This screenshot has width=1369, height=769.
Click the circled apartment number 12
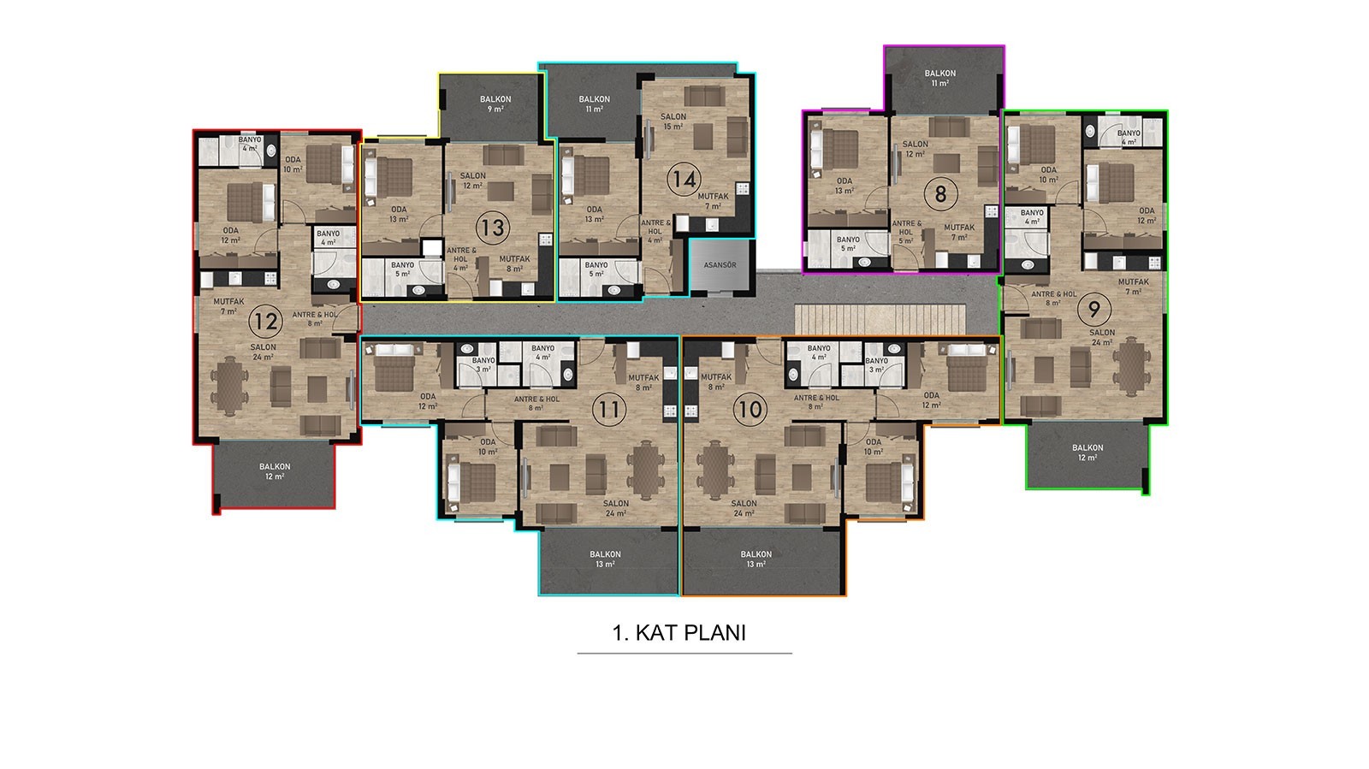266,322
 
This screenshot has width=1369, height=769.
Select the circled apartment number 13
493,228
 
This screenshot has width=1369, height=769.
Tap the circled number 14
684,180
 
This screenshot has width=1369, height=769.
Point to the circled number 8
940,194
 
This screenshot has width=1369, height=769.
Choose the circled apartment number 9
1094,310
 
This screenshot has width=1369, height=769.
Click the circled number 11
609,409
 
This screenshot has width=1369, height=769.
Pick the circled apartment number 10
750,409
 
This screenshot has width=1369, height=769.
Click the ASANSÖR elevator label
720,265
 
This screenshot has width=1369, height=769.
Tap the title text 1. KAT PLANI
679,633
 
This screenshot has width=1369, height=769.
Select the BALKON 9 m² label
495,104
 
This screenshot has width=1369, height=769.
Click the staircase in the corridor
880,319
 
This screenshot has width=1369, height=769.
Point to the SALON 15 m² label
673,121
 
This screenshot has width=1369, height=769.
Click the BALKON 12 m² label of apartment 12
275,471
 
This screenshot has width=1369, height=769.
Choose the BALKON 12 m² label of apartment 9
1087,452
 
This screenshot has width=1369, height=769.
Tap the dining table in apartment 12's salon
230,386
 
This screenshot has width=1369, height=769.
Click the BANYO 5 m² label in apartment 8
848,245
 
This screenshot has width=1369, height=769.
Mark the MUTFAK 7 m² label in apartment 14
714,202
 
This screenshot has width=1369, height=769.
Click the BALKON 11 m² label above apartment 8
940,78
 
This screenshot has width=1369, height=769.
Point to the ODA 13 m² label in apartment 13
399,215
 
